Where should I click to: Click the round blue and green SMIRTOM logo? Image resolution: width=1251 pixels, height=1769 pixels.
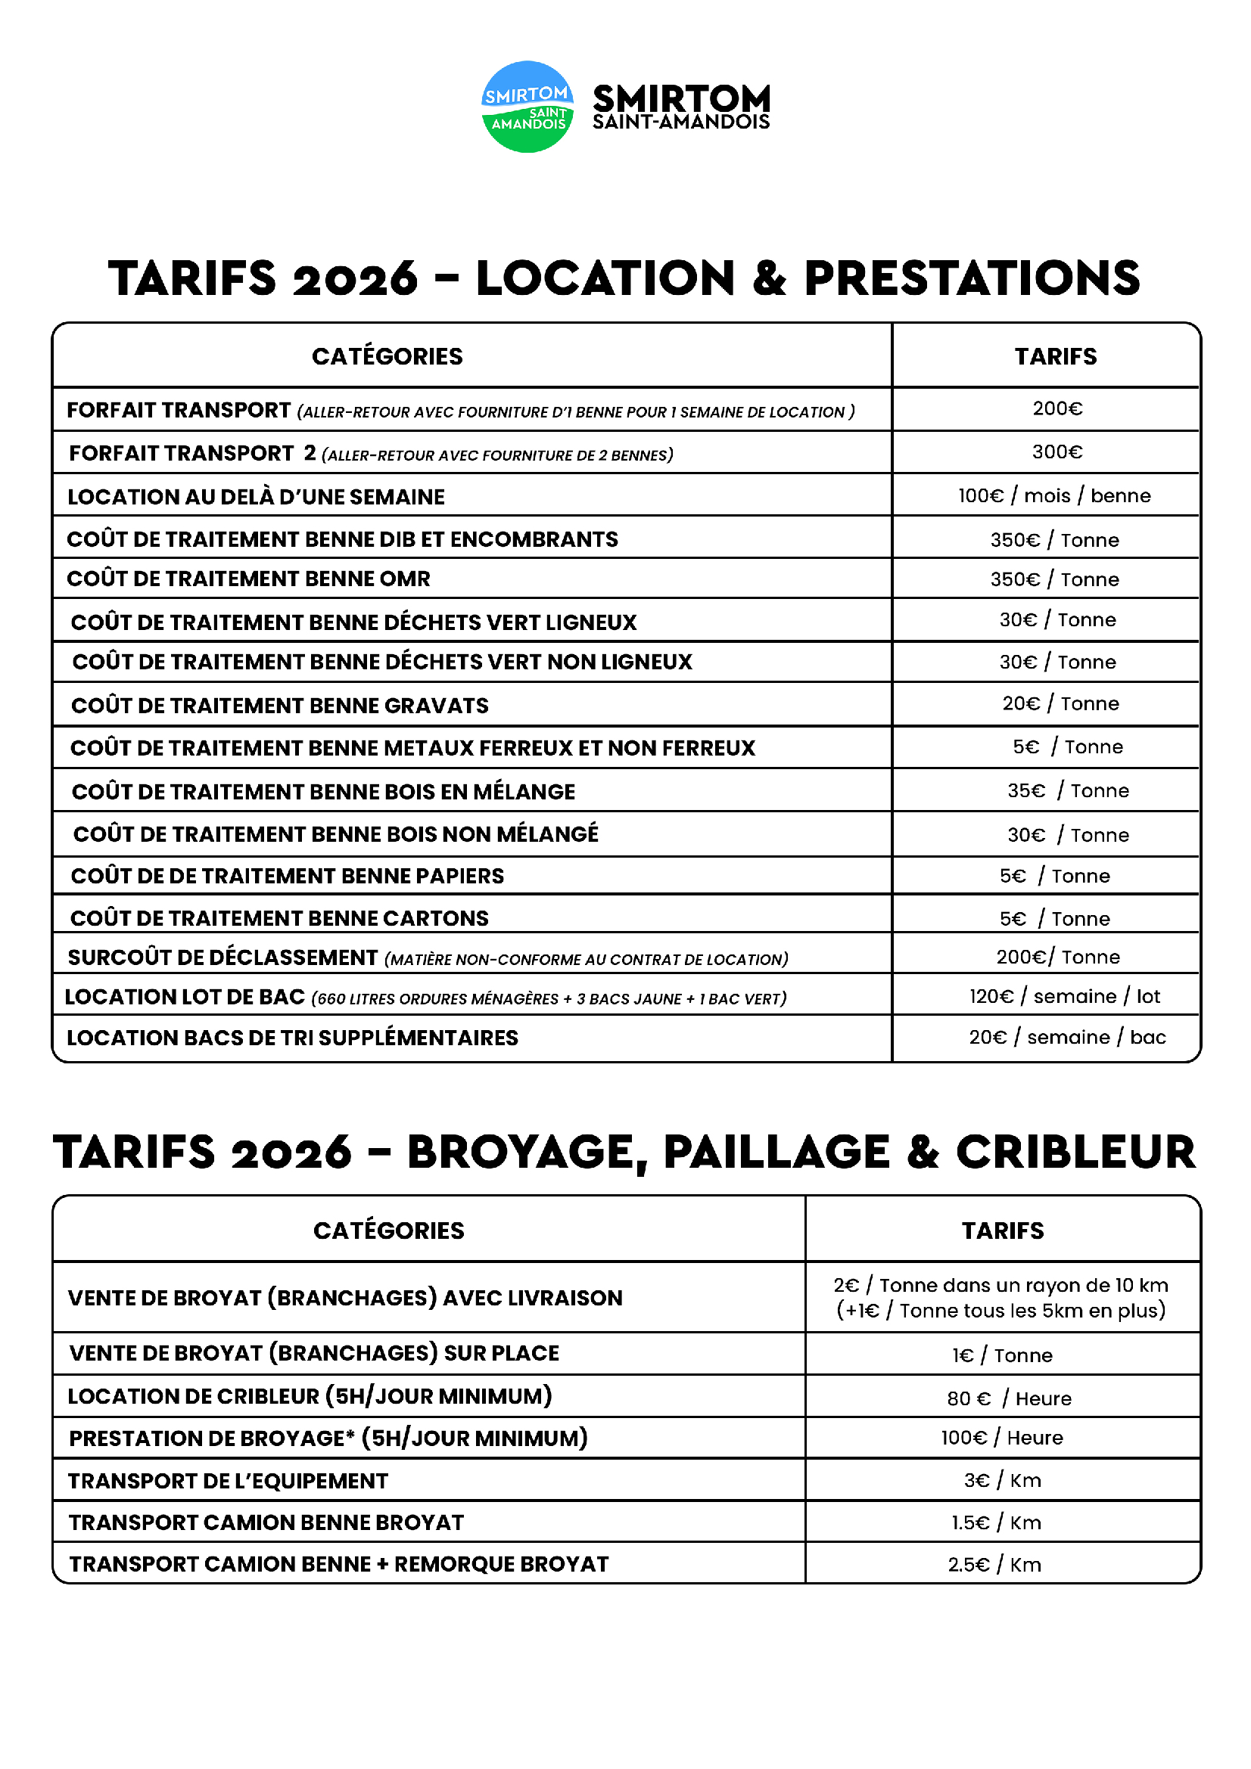(527, 107)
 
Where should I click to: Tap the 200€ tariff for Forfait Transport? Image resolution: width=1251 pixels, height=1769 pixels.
(1057, 408)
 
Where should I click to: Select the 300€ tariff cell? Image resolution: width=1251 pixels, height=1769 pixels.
(1057, 452)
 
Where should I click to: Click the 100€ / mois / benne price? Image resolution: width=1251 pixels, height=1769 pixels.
(1053, 495)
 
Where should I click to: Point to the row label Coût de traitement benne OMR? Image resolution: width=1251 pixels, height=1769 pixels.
(248, 579)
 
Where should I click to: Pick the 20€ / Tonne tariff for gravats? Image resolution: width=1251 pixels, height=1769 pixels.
(1060, 703)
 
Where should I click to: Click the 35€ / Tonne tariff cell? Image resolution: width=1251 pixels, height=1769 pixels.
(1068, 790)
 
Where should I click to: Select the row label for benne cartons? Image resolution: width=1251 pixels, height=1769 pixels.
(279, 917)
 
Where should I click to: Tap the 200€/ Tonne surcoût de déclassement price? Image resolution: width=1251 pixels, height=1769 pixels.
(1057, 957)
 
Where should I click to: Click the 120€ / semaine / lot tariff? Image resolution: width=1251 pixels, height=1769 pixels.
(1064, 996)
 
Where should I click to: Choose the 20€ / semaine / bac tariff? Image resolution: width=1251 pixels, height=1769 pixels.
(1067, 1037)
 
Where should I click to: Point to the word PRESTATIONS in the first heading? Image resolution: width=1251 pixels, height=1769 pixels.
(971, 278)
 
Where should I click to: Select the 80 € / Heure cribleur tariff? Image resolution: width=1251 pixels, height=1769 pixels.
(1008, 1398)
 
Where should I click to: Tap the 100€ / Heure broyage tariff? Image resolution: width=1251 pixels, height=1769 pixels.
(1001, 1438)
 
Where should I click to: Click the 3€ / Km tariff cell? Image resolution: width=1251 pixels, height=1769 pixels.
(1002, 1480)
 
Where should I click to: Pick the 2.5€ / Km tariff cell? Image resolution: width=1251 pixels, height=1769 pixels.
(994, 1564)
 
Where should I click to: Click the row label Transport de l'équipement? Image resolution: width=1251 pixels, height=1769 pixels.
(228, 1481)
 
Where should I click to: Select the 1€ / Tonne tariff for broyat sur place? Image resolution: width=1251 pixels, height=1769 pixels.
(1002, 1355)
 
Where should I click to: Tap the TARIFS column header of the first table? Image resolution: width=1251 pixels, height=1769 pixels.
(1055, 356)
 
